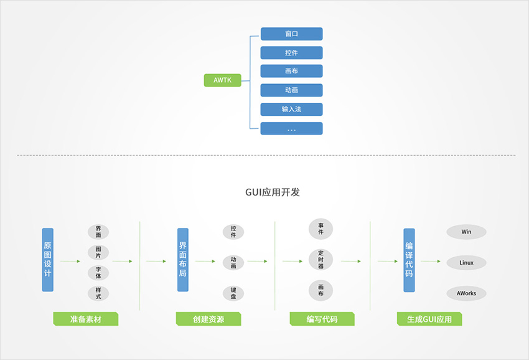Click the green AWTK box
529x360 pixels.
click(x=222, y=80)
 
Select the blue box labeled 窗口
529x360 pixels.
click(x=291, y=34)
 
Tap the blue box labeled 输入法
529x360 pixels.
click(x=291, y=109)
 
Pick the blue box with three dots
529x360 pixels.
click(x=291, y=129)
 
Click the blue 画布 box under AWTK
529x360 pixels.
click(x=291, y=71)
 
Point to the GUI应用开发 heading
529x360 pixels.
click(x=272, y=192)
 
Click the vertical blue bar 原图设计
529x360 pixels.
click(x=47, y=260)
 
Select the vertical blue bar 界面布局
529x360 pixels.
click(x=183, y=260)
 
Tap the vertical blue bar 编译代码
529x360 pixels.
click(x=410, y=260)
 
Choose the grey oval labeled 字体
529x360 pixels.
click(x=98, y=273)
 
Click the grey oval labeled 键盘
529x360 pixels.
click(x=233, y=293)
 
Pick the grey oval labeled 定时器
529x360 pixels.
click(x=321, y=259)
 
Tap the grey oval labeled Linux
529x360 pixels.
click(x=466, y=263)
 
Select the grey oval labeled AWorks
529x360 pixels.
click(x=466, y=293)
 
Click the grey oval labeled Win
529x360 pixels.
click(x=466, y=232)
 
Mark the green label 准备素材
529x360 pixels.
click(x=86, y=319)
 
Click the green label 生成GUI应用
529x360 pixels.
click(x=429, y=319)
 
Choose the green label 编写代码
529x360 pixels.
click(x=322, y=319)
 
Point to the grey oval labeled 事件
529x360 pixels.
click(x=321, y=229)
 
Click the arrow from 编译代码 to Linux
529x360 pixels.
click(x=431, y=261)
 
